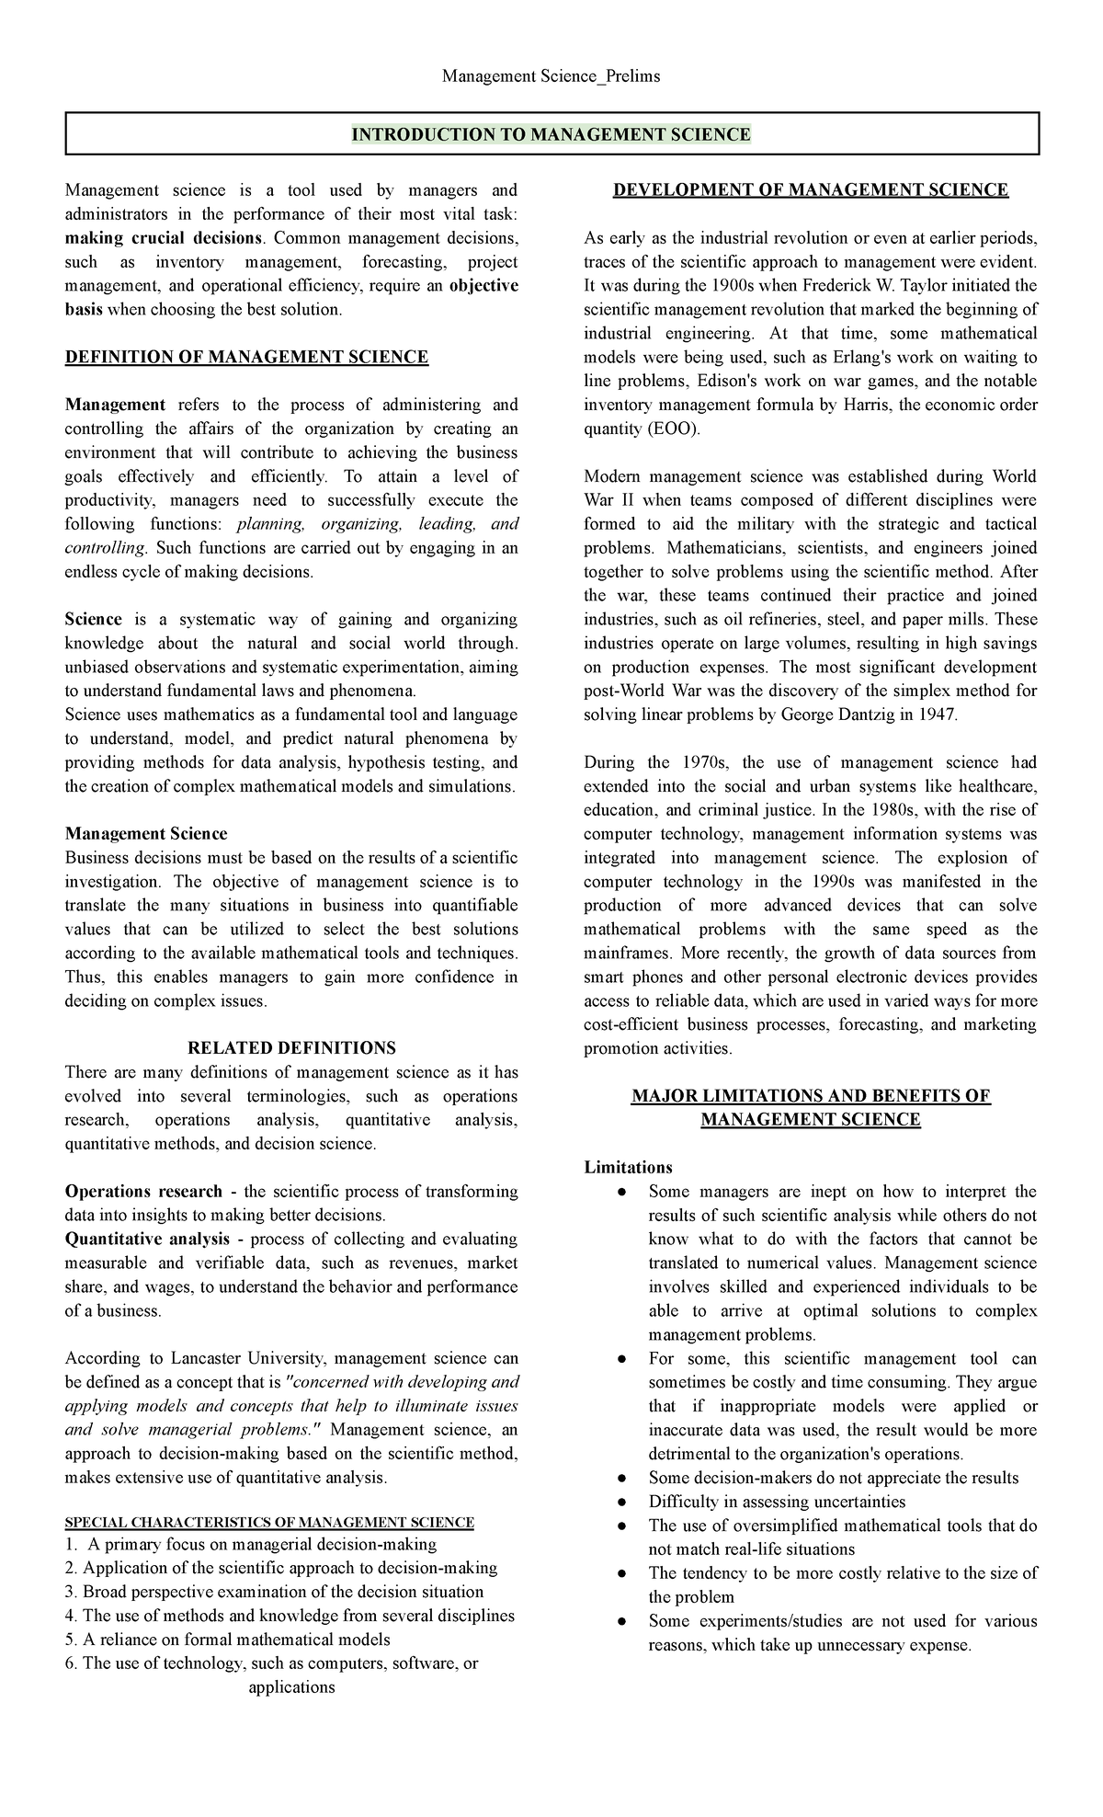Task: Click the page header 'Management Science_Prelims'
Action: (x=551, y=76)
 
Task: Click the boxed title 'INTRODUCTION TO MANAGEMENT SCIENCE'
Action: (x=551, y=134)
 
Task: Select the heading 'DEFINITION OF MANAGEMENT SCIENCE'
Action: (x=246, y=357)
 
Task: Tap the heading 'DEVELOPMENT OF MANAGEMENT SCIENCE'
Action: (x=811, y=190)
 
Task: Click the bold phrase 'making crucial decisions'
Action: (x=163, y=238)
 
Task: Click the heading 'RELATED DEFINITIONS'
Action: (x=291, y=1048)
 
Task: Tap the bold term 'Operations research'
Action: (x=143, y=1192)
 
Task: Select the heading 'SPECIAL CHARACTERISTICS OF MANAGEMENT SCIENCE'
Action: (x=269, y=1522)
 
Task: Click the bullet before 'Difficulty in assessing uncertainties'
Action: (x=623, y=1503)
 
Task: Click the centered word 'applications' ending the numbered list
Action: (x=291, y=1687)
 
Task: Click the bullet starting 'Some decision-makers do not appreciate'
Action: (x=623, y=1479)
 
